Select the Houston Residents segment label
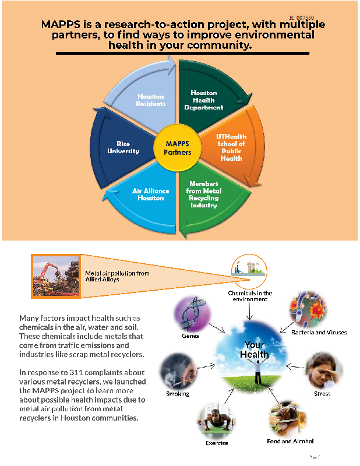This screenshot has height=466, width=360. [151, 100]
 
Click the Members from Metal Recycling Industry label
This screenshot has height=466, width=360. [203, 195]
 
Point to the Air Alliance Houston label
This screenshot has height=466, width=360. [148, 194]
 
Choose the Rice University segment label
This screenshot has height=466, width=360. [123, 147]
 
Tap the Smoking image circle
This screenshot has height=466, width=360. [177, 371]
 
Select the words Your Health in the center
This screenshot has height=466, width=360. [256, 349]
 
